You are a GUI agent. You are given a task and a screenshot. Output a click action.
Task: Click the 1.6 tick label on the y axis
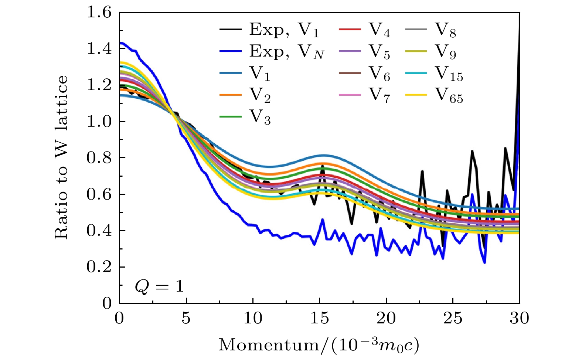point(99,13)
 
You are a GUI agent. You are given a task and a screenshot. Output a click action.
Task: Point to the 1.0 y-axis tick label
point(99,121)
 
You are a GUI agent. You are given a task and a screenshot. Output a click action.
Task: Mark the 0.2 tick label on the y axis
point(99,267)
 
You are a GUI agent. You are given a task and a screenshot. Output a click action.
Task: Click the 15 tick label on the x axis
point(320,318)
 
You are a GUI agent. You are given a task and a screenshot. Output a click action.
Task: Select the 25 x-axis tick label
point(453,318)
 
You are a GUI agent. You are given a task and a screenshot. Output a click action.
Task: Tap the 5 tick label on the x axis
point(186,318)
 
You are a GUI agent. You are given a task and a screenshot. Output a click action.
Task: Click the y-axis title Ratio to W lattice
point(61,157)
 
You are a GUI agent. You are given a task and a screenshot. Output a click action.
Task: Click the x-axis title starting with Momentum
point(319,345)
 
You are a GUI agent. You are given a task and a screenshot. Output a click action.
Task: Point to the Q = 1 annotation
point(159,286)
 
